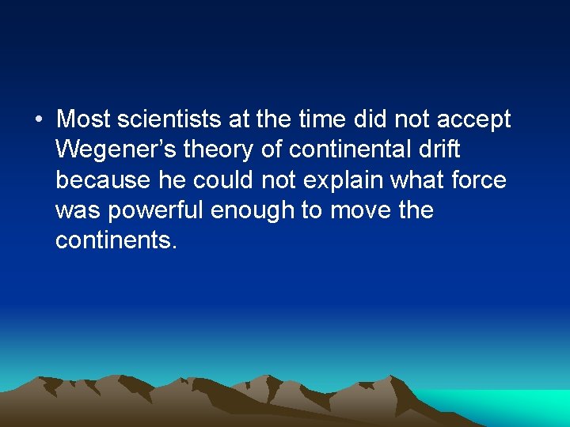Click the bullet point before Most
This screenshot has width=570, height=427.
(38, 120)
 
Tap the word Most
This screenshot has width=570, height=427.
(83, 120)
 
